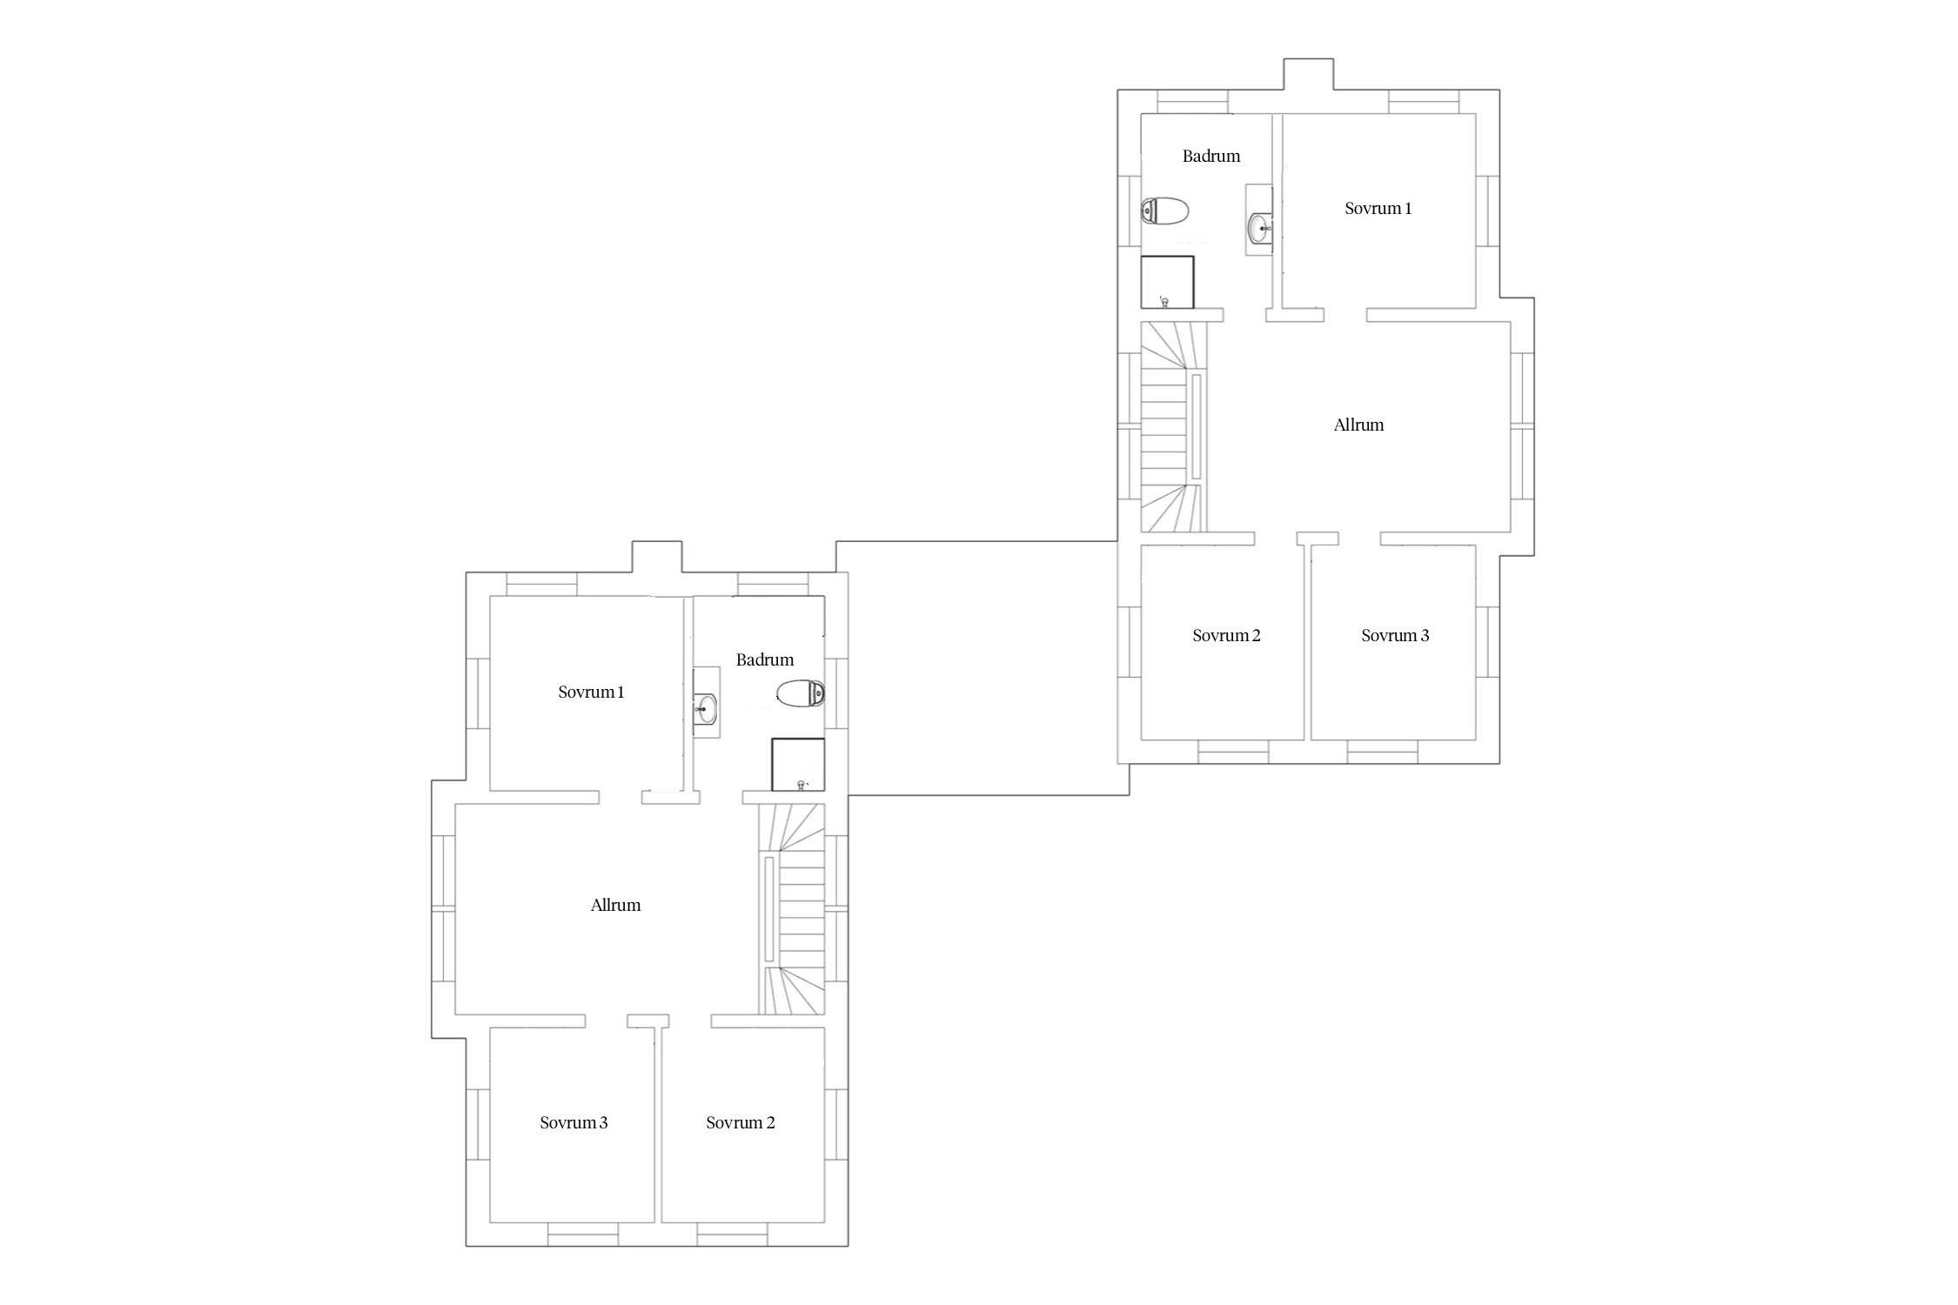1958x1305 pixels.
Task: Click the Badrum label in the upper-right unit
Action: (x=1211, y=157)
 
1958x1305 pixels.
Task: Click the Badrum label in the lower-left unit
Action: (x=765, y=660)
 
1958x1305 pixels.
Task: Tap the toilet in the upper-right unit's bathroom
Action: (x=1165, y=211)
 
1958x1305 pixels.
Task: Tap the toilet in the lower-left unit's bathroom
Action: (x=801, y=693)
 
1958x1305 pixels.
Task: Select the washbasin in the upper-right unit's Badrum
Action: (x=1259, y=229)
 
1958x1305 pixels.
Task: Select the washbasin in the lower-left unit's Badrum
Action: (x=706, y=709)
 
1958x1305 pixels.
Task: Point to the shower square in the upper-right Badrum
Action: (x=1167, y=282)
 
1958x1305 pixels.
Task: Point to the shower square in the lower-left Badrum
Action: (x=798, y=765)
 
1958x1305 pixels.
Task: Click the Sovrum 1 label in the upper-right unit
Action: (x=1378, y=209)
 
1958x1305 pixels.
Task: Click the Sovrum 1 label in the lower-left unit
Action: (x=592, y=693)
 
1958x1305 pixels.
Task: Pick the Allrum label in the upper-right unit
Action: (x=1358, y=425)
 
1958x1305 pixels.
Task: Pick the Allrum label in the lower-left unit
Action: (x=615, y=906)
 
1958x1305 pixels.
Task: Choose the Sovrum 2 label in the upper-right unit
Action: (x=1226, y=636)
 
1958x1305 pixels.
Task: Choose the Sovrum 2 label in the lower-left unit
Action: (x=741, y=1123)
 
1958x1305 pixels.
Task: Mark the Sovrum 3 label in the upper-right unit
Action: (x=1395, y=636)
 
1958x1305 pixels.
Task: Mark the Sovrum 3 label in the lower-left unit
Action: (x=573, y=1123)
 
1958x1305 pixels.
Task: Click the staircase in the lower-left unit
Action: (x=792, y=909)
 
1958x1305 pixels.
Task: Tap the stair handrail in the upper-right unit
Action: (x=1197, y=426)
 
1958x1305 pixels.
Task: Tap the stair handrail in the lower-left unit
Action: (x=768, y=909)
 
